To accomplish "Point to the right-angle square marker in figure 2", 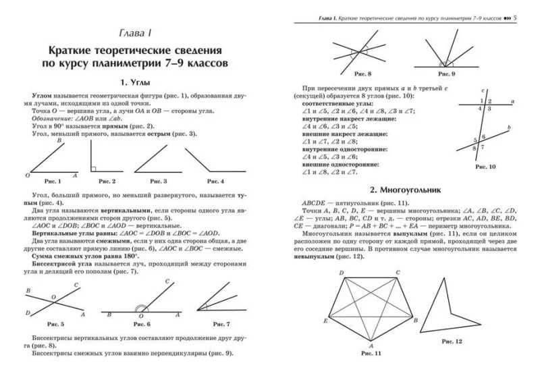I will click(95, 169).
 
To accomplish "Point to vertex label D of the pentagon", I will click(342, 273).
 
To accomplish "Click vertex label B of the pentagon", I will click(416, 319).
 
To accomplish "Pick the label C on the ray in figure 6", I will click(167, 281).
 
